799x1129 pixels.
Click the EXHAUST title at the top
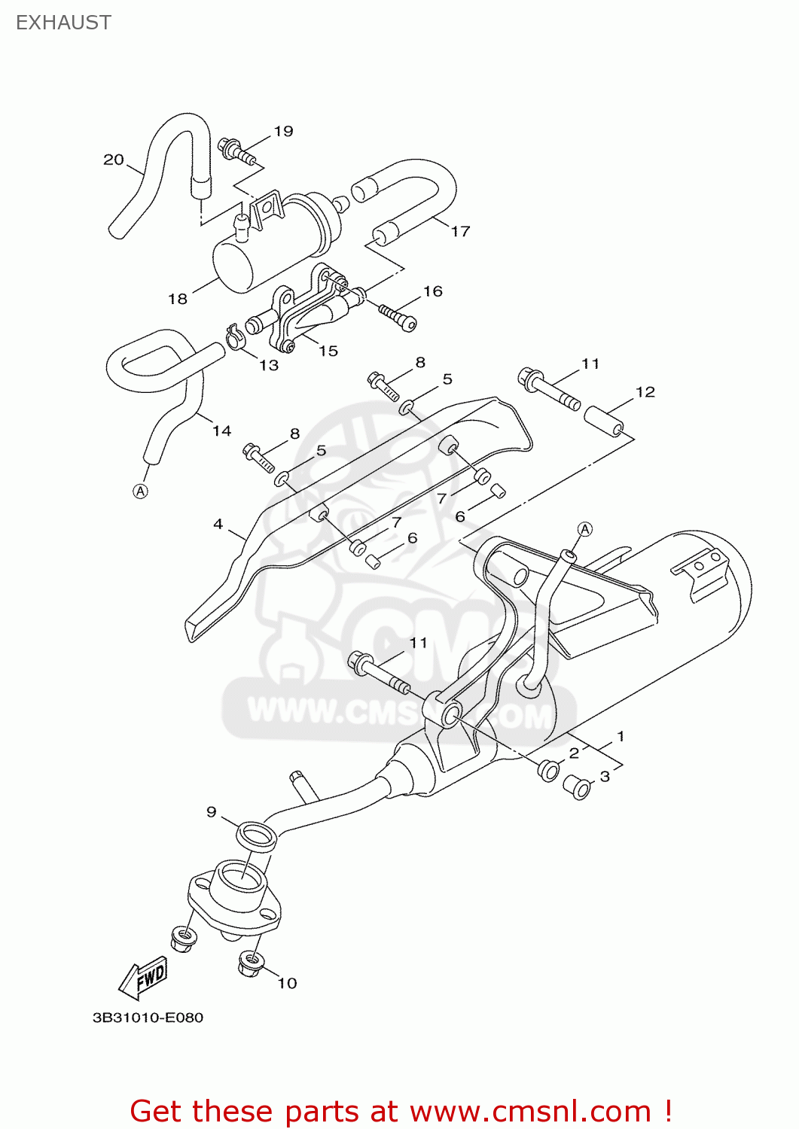(x=63, y=23)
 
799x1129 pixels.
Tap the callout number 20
(x=113, y=160)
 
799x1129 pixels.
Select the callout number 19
(x=283, y=131)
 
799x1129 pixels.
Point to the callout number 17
(x=460, y=231)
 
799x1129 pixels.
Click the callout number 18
(x=177, y=299)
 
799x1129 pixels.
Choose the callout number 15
(x=328, y=351)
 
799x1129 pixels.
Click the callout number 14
(x=221, y=431)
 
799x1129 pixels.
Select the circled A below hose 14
(x=140, y=491)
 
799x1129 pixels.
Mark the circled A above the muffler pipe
(x=585, y=529)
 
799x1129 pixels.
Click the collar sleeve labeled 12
(x=605, y=421)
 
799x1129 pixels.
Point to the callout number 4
(x=218, y=524)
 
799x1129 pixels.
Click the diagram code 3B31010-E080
(x=148, y=1018)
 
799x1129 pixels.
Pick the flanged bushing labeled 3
(x=577, y=787)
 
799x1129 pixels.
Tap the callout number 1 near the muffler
(x=621, y=736)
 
